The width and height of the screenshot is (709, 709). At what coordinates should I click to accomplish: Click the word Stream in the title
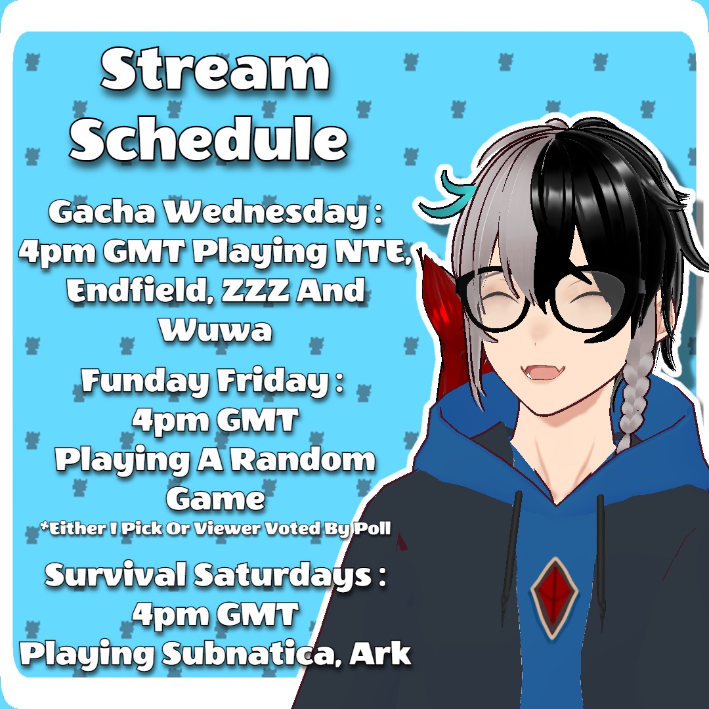coord(215,70)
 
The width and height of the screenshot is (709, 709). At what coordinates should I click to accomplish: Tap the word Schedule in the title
coord(209,137)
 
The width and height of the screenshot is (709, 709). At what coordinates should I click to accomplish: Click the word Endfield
coord(136,290)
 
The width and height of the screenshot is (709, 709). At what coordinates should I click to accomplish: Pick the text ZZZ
coord(255,290)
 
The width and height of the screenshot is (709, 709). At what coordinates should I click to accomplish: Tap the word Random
coord(306,460)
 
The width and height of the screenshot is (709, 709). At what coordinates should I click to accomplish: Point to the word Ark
coord(380,653)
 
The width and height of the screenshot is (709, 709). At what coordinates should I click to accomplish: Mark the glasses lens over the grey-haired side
coord(498,300)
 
